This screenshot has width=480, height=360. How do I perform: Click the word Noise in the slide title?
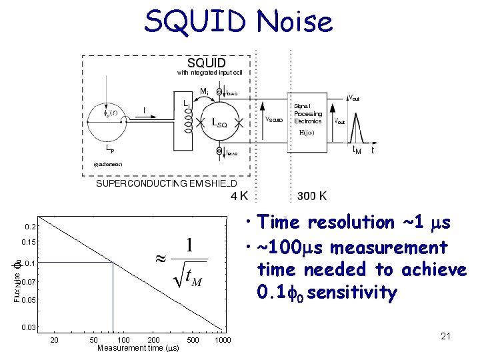point(294,21)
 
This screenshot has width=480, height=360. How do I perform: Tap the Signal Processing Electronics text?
point(307,113)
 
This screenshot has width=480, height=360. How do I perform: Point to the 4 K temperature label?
point(239,196)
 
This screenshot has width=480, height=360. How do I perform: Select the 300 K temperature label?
point(312,196)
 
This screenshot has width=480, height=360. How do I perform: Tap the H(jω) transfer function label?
point(307,132)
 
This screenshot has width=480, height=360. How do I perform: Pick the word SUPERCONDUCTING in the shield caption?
point(142,183)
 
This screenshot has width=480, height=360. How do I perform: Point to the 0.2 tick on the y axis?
point(29,227)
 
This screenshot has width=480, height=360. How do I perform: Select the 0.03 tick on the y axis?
point(28,327)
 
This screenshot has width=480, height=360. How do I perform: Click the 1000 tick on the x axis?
point(223,341)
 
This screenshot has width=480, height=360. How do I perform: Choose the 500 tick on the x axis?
point(193,341)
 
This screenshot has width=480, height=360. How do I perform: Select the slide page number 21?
point(446,336)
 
